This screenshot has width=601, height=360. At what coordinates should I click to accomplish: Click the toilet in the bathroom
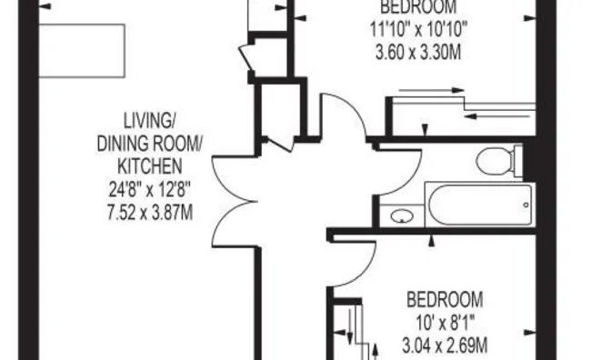tap(498, 161)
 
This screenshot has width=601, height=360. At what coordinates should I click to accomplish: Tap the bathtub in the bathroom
tap(480, 205)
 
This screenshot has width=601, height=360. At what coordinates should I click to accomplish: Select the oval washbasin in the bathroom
tap(402, 216)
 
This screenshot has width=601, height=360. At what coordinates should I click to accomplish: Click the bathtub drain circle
tap(526, 205)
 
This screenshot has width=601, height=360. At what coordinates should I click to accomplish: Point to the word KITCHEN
tap(149, 166)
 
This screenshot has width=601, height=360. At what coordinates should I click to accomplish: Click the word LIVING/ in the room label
tap(149, 121)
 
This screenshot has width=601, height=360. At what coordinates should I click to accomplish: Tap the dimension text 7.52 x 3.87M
tap(150, 213)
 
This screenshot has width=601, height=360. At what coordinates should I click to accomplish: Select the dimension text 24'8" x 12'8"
tap(149, 190)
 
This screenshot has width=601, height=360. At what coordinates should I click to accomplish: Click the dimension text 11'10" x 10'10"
tap(418, 29)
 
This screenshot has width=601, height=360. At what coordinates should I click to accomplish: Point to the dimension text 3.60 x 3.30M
tap(418, 52)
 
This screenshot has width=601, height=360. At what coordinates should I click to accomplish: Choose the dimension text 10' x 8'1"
tap(445, 323)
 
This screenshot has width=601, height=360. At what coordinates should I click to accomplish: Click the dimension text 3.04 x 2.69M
tap(445, 345)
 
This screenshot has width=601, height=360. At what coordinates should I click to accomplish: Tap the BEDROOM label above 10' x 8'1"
tap(445, 300)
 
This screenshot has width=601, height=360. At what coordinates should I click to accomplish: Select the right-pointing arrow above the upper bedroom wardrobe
tap(432, 91)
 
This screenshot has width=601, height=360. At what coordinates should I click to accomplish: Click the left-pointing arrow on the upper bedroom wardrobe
tap(497, 115)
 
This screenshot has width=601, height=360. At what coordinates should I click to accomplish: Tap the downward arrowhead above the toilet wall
tap(425, 130)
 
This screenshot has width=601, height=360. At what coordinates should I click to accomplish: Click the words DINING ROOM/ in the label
tap(149, 144)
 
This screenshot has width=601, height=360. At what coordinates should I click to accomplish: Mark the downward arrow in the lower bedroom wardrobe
tap(349, 326)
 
